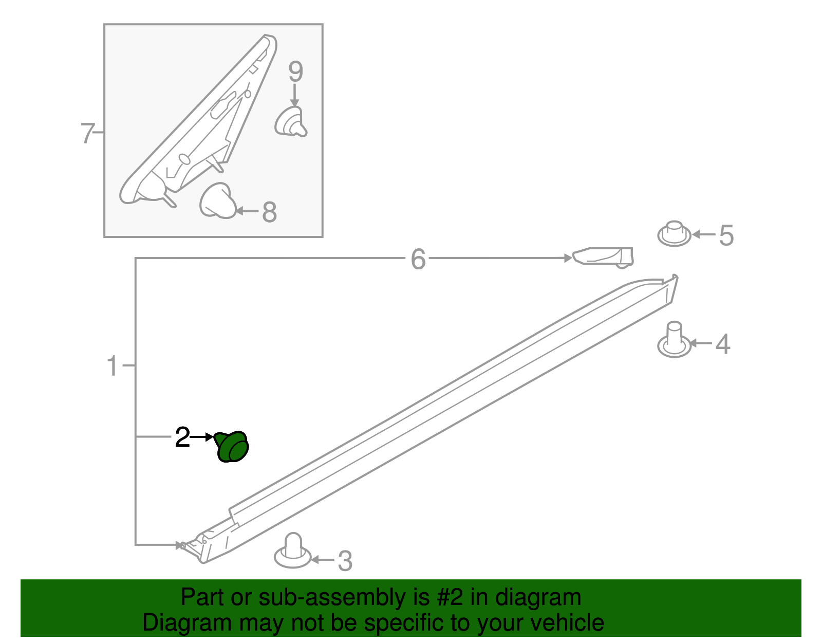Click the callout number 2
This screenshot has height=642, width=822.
coord(182,437)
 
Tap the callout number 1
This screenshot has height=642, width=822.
coord(112,366)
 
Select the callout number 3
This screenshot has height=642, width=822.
coord(345,561)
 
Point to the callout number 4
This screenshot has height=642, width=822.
coord(723,344)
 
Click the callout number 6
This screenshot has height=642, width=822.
coord(418,260)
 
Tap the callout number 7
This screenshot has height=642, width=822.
coord(87,133)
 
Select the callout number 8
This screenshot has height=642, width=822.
coord(269,212)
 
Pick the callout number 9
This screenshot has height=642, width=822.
coord(296,71)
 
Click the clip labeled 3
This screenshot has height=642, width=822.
coord(292,551)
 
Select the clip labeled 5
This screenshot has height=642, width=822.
coord(674,233)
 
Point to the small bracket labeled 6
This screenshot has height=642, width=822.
coord(603,258)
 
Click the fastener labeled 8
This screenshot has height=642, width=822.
coord(218,201)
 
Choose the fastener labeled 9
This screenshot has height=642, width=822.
coord(290,121)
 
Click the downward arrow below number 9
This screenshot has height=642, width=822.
coord(295,95)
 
